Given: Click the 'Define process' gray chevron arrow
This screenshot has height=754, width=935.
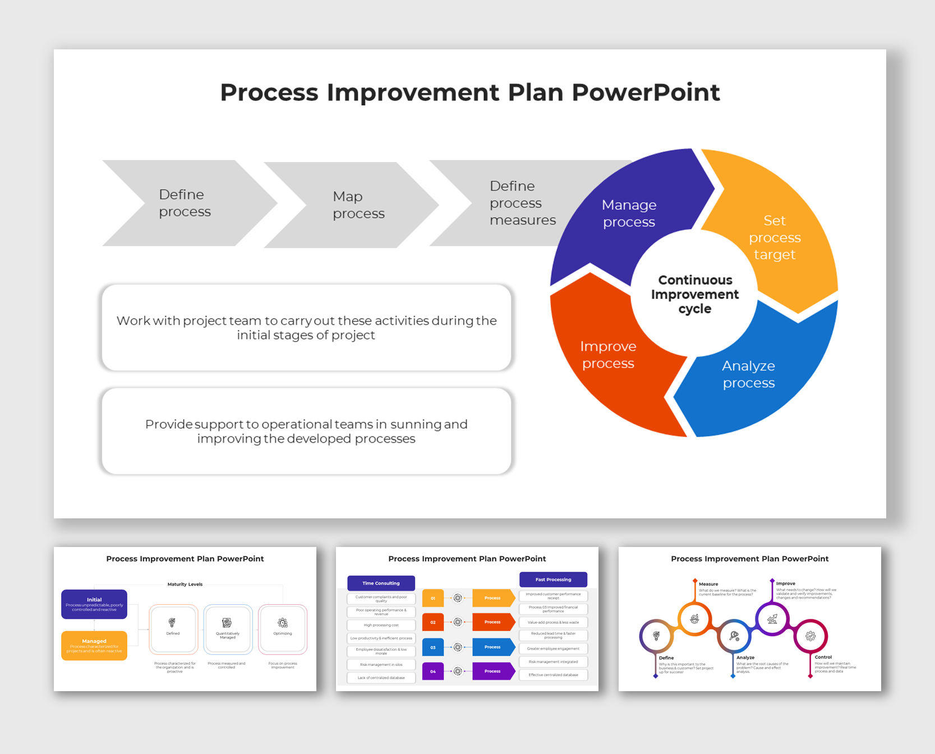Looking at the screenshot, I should click(x=185, y=203).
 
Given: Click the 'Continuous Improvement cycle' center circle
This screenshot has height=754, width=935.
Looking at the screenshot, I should click(x=694, y=294).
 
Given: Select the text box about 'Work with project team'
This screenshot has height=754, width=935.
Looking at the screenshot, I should click(x=306, y=328).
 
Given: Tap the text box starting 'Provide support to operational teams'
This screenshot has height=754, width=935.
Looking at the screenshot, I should click(x=306, y=431).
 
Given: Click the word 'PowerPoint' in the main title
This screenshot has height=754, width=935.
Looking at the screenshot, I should click(x=646, y=93).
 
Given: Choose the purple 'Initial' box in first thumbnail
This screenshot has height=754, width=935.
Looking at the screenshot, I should click(x=94, y=604).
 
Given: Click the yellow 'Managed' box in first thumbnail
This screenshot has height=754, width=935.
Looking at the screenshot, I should click(x=94, y=646).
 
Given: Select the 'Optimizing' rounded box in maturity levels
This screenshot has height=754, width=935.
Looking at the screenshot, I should click(x=283, y=628).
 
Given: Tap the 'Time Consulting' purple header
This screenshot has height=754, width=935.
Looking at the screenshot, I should click(x=381, y=583).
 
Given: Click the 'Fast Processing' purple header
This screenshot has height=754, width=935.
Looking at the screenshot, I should click(x=553, y=580).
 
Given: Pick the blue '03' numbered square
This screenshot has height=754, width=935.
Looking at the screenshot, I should click(x=433, y=647).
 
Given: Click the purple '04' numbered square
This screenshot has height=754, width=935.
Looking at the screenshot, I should click(x=433, y=671).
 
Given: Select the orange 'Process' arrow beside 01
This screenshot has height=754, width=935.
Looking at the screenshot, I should click(x=492, y=598).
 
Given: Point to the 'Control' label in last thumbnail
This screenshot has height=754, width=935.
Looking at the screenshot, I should click(x=823, y=657).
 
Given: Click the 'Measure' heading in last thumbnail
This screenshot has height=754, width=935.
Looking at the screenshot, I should click(x=708, y=584).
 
